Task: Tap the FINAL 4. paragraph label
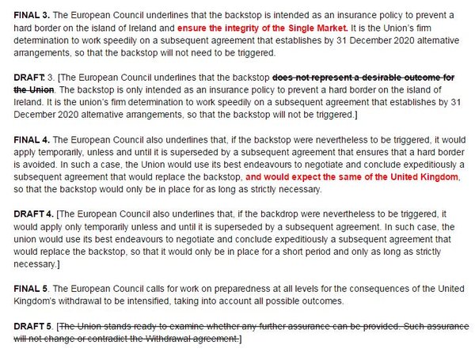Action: pyautogui.click(x=30, y=138)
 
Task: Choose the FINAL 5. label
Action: pyautogui.click(x=30, y=290)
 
